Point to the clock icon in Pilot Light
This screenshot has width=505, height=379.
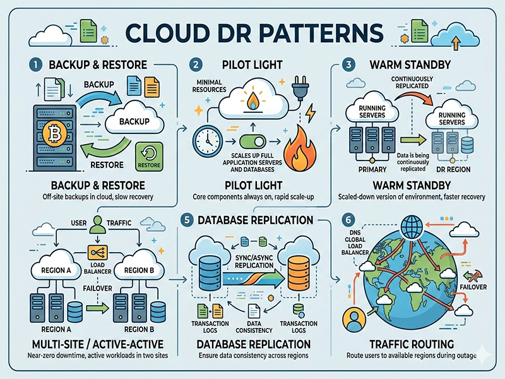[x=207, y=139]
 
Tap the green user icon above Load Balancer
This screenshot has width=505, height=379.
[x=97, y=224]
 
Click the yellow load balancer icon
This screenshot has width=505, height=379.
[x=98, y=252]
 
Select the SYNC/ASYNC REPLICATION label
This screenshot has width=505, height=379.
[x=252, y=262]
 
